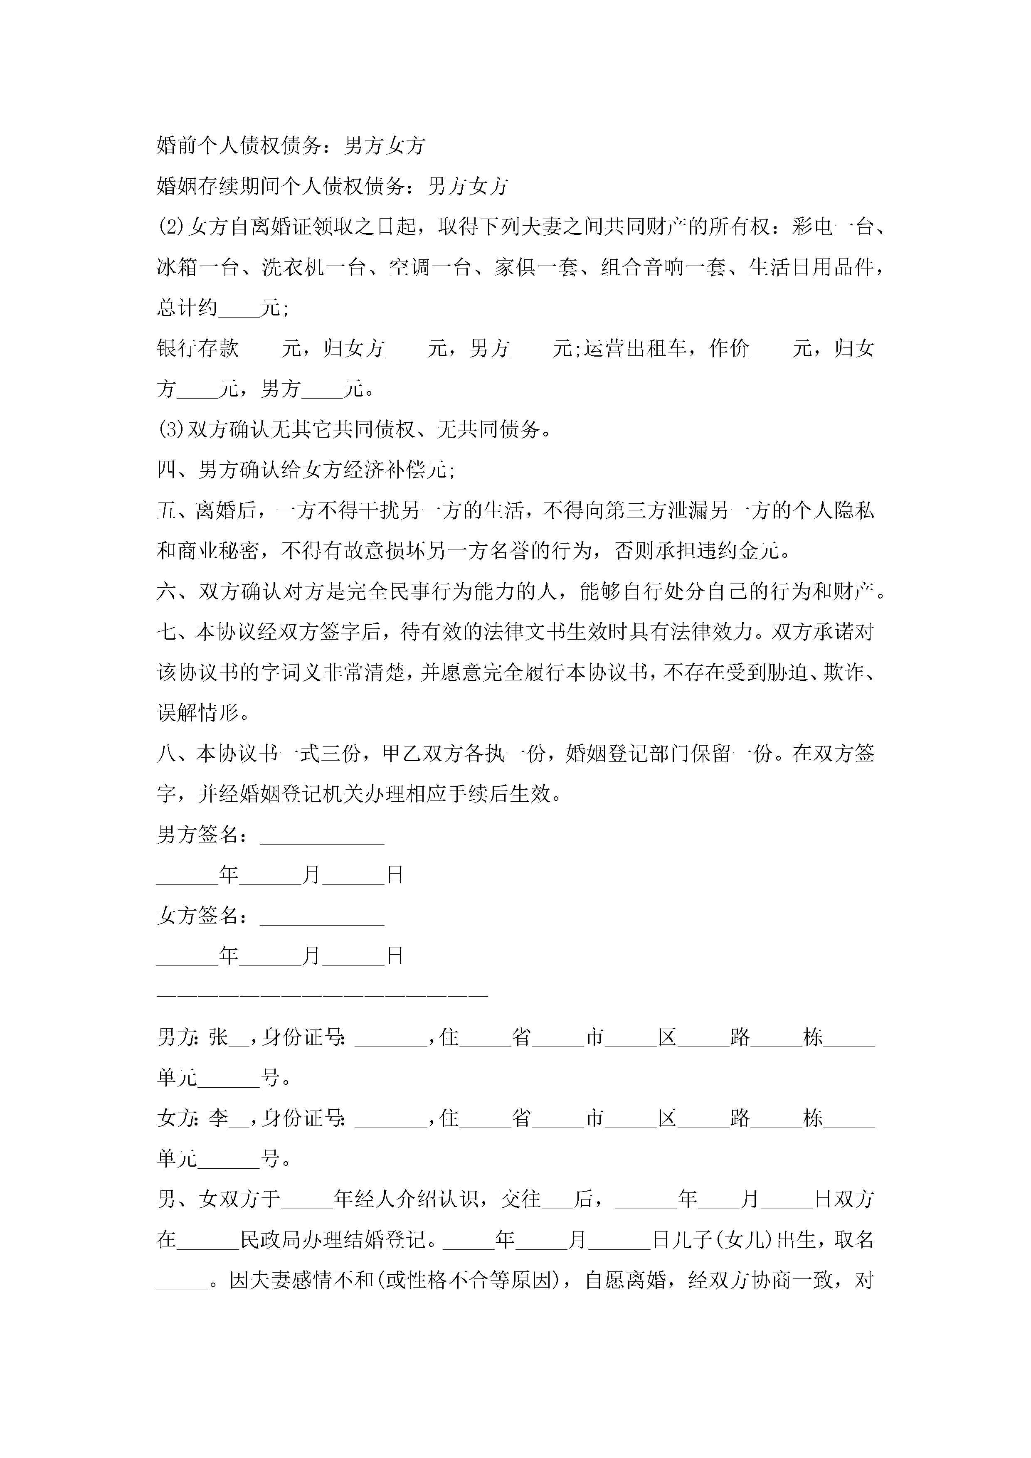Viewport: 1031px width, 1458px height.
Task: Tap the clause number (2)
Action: (x=171, y=227)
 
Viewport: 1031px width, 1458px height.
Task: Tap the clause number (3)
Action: (x=171, y=430)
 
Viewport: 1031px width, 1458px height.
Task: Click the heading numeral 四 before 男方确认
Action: (x=166, y=470)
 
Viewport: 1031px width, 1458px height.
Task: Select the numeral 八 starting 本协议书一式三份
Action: (x=166, y=754)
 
